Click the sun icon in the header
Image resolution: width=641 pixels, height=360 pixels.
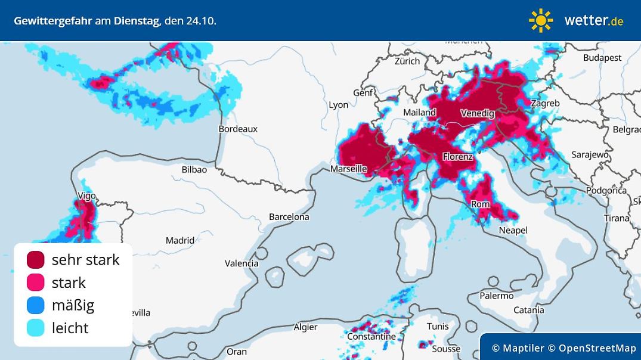tap(540, 20)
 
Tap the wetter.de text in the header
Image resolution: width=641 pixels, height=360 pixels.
tap(593, 20)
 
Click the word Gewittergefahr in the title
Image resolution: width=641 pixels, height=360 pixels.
tap(53, 20)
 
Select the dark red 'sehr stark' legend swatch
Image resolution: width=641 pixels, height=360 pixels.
tap(36, 260)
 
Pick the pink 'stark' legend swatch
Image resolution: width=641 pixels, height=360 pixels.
tap(36, 283)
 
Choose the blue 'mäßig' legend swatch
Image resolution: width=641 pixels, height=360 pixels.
tap(36, 305)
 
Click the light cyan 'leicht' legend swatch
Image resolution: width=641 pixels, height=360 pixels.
tap(36, 328)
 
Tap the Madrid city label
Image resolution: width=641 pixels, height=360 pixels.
tap(180, 241)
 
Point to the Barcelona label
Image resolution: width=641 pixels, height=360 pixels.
tap(289, 217)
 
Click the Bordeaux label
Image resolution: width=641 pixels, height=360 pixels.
tap(238, 129)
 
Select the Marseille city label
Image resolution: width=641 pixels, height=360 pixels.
tap(349, 169)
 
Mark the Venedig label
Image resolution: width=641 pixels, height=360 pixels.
tap(477, 113)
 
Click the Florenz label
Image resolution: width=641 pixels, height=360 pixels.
tap(458, 157)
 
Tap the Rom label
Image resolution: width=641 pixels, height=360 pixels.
tap(481, 204)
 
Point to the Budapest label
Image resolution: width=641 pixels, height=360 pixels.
tap(602, 58)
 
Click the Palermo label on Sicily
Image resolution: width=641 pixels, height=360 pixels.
tap(497, 296)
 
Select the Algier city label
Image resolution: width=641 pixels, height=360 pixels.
tap(305, 327)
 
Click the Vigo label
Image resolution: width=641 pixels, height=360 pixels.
tap(86, 196)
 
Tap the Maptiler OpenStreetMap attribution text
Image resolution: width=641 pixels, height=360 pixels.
tap(563, 348)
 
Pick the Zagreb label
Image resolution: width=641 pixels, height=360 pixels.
tap(545, 103)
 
